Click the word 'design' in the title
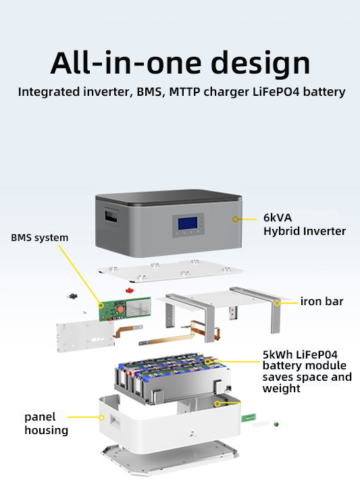(x=261, y=64)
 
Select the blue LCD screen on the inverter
(x=187, y=223)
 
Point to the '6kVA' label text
(x=278, y=218)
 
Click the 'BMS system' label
(x=39, y=238)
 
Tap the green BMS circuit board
(x=124, y=309)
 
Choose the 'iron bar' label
(x=322, y=302)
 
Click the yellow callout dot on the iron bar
(x=277, y=303)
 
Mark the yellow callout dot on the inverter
(x=235, y=219)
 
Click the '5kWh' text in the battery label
(x=278, y=354)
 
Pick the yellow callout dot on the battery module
(x=208, y=362)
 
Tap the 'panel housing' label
(x=46, y=423)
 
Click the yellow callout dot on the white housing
(x=101, y=418)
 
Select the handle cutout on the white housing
(x=115, y=421)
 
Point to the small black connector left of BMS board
(x=72, y=296)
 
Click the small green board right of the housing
(x=249, y=418)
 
